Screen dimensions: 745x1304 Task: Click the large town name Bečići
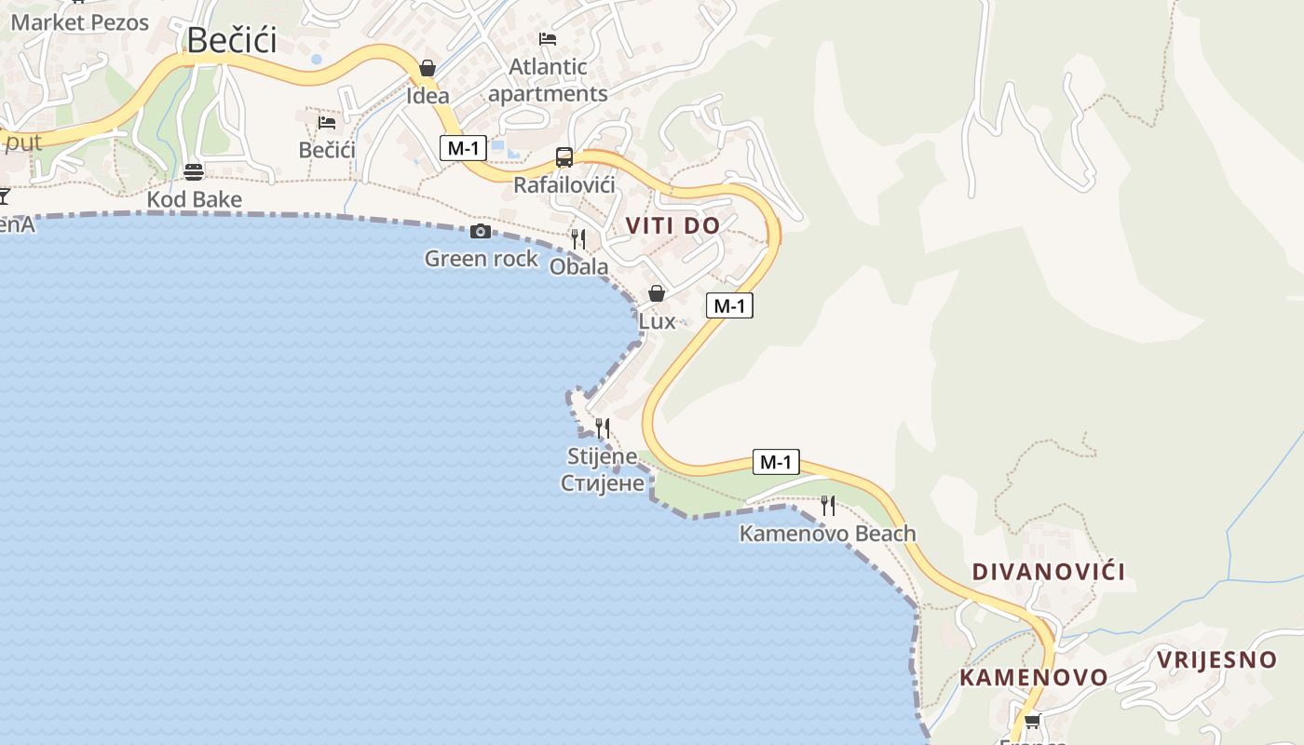tap(232, 40)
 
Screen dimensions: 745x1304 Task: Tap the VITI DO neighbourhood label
tap(672, 225)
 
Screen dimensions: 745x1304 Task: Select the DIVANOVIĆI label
tap(1049, 572)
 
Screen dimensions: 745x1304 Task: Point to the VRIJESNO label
tap(1216, 660)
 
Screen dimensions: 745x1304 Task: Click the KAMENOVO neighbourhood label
tap(1034, 677)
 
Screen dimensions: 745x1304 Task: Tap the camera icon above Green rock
tap(481, 231)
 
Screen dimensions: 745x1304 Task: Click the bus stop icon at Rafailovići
tap(564, 156)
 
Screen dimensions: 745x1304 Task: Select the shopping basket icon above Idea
tap(428, 68)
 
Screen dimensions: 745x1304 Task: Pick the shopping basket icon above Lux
tap(657, 293)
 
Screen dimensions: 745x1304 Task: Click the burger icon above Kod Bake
tap(194, 171)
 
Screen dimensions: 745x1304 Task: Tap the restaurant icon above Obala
tap(578, 239)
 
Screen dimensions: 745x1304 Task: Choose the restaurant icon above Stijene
tap(604, 428)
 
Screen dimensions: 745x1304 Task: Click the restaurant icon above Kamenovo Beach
tap(827, 506)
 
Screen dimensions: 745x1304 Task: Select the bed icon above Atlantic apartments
tap(548, 39)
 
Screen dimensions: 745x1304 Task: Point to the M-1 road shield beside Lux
tap(728, 305)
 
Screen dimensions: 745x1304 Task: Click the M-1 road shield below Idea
tap(463, 147)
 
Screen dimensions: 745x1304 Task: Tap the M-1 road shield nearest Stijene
tap(775, 462)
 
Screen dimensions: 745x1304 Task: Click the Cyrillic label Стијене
tap(602, 482)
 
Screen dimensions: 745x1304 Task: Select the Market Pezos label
tap(80, 22)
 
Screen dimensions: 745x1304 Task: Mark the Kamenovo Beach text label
tap(827, 534)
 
